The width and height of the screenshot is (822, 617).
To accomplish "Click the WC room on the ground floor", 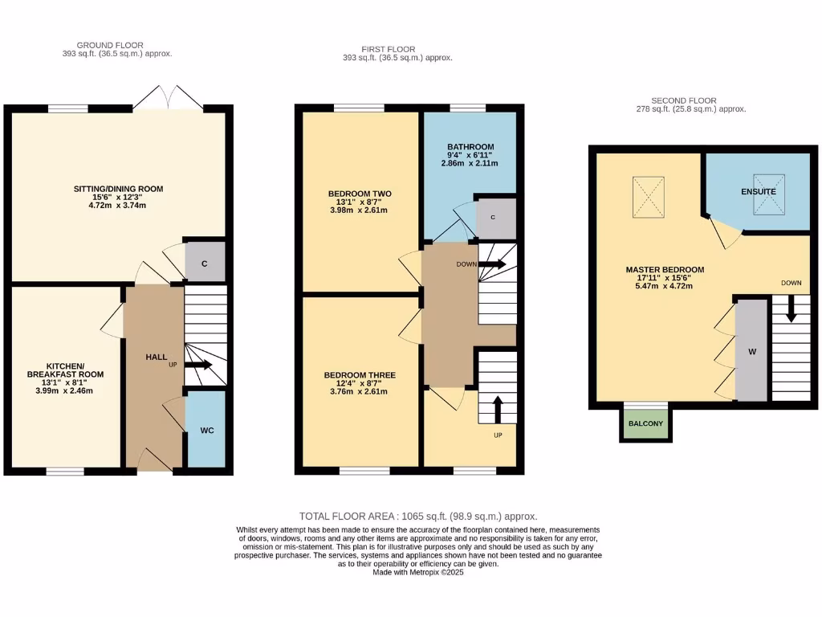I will tap(206, 430).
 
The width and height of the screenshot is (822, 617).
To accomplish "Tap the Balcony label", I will tap(645, 423).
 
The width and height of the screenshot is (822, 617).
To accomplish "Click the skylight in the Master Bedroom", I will tap(649, 196).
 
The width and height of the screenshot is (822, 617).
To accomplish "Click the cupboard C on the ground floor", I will tap(205, 263).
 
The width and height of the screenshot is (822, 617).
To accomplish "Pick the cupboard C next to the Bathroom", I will tap(492, 217).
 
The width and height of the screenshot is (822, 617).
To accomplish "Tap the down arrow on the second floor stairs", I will tap(791, 309).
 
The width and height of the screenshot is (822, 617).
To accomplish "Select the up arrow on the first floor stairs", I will tap(497, 409).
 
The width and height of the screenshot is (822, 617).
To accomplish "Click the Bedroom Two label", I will tap(360, 194).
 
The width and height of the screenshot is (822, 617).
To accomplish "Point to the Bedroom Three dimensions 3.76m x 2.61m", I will tap(360, 392).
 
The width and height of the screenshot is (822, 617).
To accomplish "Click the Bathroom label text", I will tap(470, 146).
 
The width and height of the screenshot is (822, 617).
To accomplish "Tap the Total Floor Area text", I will tap(417, 517).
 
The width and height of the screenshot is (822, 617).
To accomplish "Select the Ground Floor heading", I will tap(110, 45).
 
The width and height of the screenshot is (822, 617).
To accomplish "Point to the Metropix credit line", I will tap(417, 572).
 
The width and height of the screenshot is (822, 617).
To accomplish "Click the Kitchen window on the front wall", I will tap(65, 471).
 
